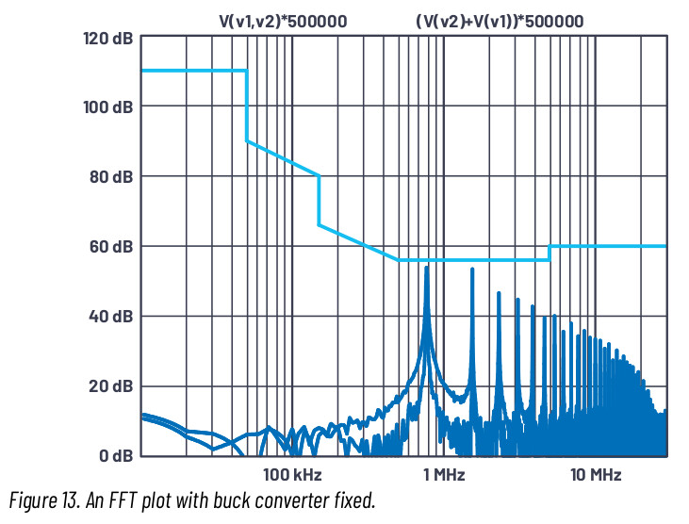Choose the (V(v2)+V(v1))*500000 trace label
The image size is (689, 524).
pos(500,18)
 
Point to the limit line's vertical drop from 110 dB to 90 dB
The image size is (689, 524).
pos(247,106)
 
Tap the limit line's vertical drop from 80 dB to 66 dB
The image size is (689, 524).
pos(320,200)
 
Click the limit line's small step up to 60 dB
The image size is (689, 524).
pos(550,253)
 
